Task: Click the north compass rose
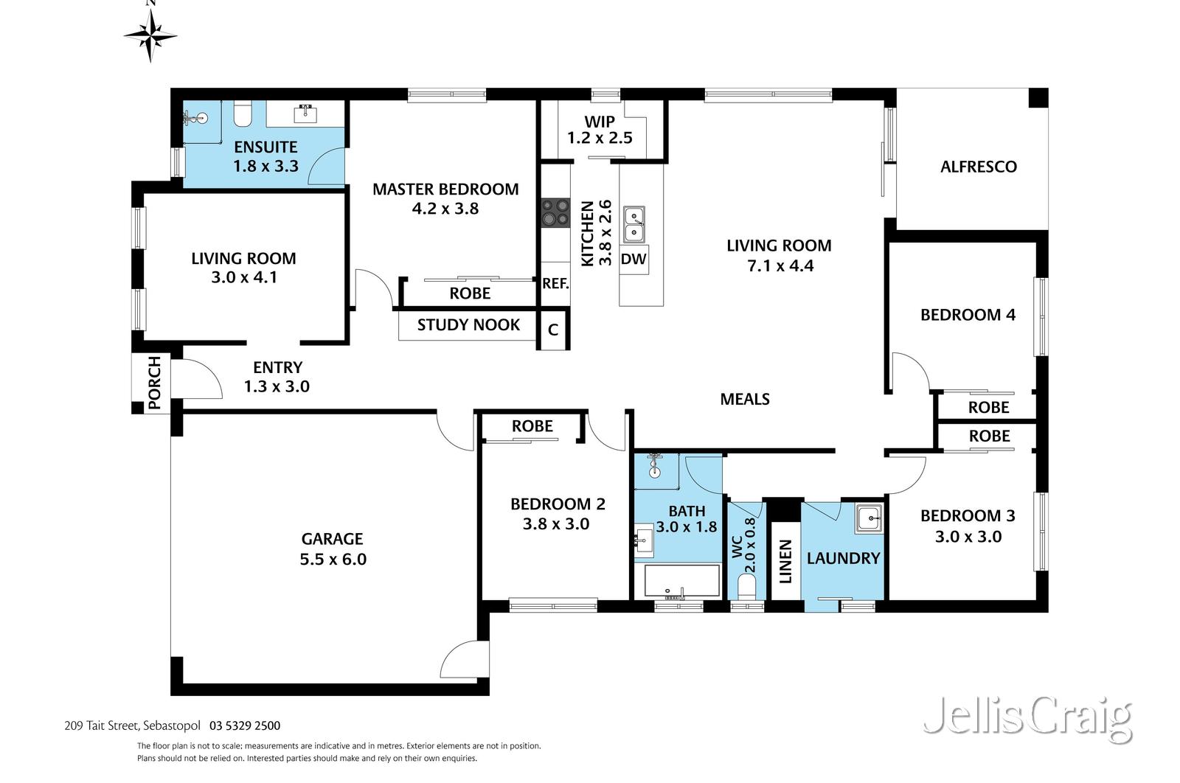[x=150, y=34]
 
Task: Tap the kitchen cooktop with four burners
[x=555, y=212]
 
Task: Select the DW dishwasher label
[x=634, y=259]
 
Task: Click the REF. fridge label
[x=555, y=283]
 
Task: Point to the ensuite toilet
[x=243, y=113]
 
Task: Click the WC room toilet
[x=746, y=588]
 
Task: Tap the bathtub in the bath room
[x=681, y=582]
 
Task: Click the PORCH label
[x=154, y=383]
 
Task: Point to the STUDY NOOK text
[x=468, y=325]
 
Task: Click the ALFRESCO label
[x=978, y=167]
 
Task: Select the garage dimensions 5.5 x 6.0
[x=333, y=559]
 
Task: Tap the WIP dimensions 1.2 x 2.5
[x=600, y=138]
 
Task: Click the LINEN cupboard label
[x=785, y=560]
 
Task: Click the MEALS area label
[x=745, y=399]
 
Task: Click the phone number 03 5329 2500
[x=245, y=725]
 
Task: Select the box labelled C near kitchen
[x=553, y=330]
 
